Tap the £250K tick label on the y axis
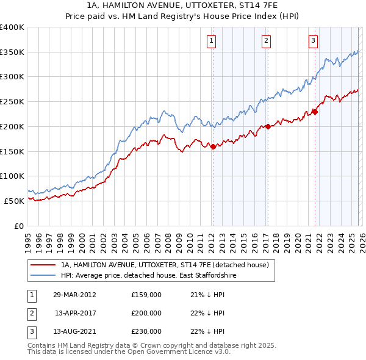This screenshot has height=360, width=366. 12,102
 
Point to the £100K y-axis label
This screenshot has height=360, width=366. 12,176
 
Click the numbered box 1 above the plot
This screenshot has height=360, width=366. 211,41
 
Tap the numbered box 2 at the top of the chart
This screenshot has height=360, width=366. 267,41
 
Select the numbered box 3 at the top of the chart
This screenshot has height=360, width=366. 313,41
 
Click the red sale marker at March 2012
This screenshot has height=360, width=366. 213,146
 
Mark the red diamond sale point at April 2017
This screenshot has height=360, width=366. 267,126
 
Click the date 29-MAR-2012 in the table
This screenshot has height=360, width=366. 74,295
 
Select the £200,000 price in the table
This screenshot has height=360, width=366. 146,313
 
